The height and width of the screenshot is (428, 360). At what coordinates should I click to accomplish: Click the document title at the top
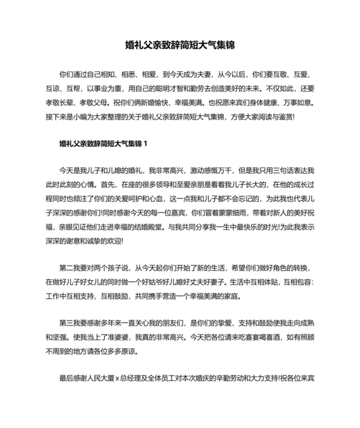(180, 46)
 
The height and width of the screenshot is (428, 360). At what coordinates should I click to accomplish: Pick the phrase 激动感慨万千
(208, 171)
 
